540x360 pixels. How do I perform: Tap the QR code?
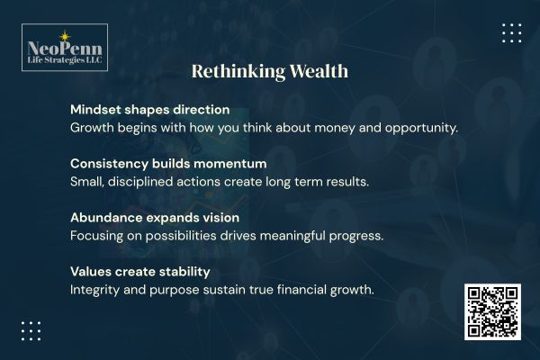click(x=492, y=311)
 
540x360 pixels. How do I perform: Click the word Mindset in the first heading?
click(x=96, y=109)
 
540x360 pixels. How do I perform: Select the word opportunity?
click(x=418, y=127)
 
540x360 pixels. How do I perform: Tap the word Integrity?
click(x=98, y=290)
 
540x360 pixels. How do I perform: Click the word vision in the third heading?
click(x=240, y=218)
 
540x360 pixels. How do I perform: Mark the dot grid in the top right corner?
click(x=511, y=33)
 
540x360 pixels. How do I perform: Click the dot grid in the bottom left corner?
click(x=31, y=330)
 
